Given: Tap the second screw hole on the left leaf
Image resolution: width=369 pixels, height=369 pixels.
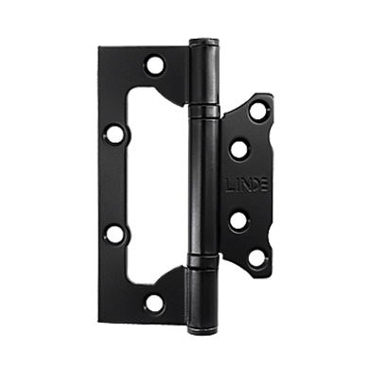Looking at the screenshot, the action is click(114, 135).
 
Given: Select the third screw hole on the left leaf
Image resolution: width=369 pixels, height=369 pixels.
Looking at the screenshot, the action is click(114, 234).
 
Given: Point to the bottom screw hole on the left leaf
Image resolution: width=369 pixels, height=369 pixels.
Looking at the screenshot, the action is click(154, 303).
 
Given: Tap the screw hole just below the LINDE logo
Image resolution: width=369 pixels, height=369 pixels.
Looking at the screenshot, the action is click(238, 220).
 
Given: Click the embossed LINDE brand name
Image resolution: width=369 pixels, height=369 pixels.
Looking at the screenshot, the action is click(247, 184).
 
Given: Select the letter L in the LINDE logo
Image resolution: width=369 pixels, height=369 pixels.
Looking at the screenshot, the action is click(229, 185).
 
